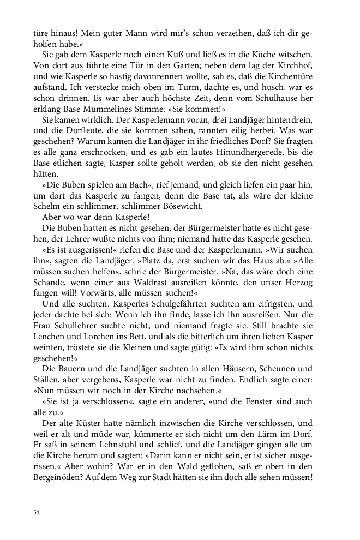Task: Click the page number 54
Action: tap(36, 512)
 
